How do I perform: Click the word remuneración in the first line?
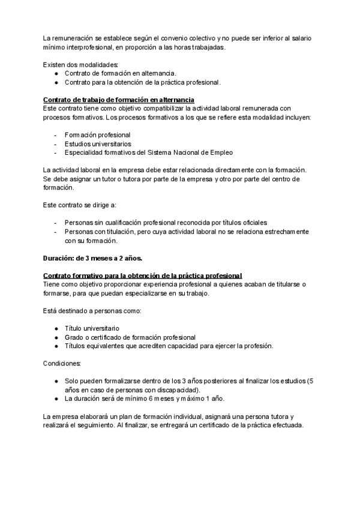[73, 38]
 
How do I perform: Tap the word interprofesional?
[86, 47]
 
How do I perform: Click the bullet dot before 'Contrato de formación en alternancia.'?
[56, 73]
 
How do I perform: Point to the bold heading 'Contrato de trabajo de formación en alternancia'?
[118, 100]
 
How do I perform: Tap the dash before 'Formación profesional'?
[56, 134]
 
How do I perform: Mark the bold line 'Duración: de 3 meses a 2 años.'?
[92, 258]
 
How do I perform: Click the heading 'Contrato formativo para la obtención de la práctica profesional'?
[142, 276]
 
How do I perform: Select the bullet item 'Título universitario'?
[92, 328]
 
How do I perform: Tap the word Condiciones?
[64, 364]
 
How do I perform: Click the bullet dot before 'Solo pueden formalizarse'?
[56, 381]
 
